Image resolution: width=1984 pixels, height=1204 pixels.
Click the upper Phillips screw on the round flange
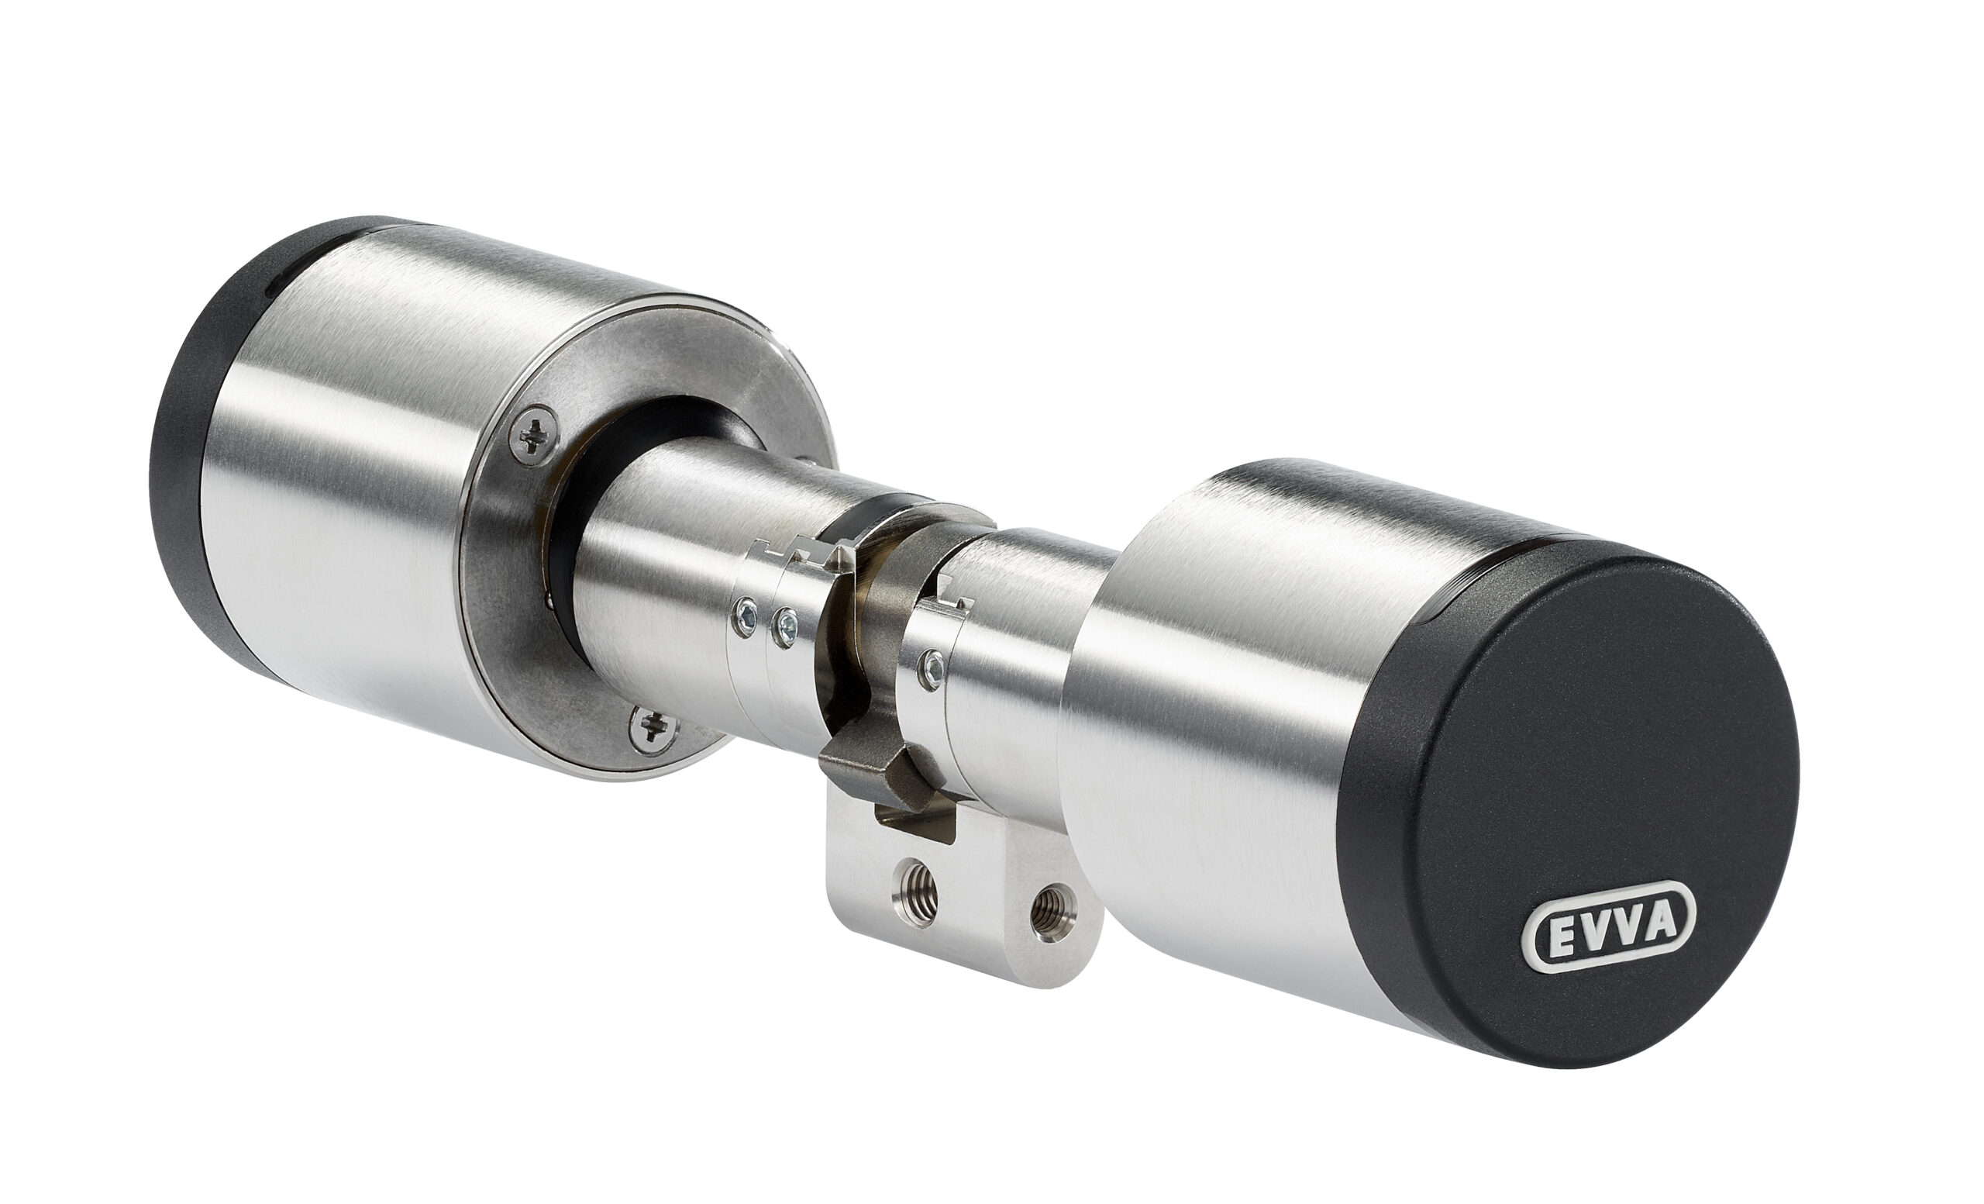532,436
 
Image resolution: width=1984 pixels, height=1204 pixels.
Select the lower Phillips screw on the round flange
653,728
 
